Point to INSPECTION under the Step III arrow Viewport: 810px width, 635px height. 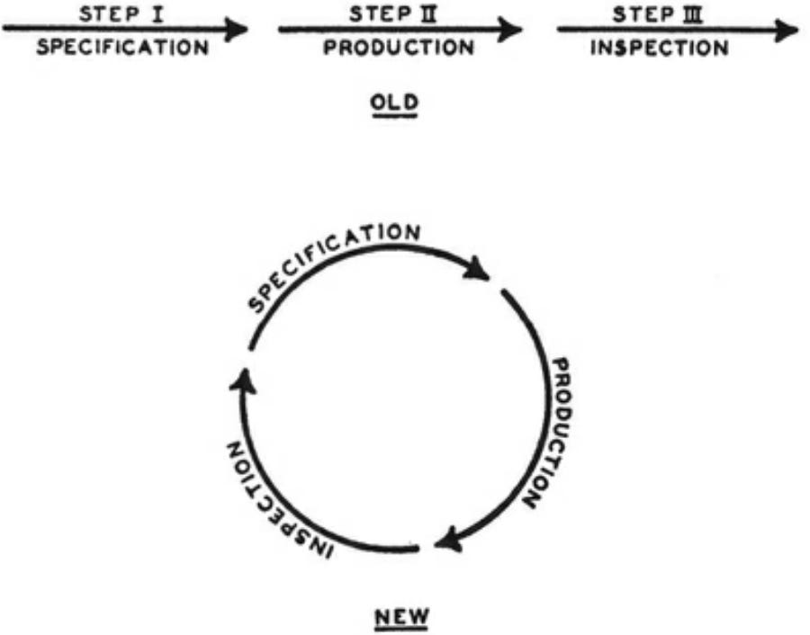coord(660,47)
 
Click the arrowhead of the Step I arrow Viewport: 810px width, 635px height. coord(237,30)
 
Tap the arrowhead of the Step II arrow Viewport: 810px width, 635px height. coord(511,30)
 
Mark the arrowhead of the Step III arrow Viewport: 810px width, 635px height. coord(787,30)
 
